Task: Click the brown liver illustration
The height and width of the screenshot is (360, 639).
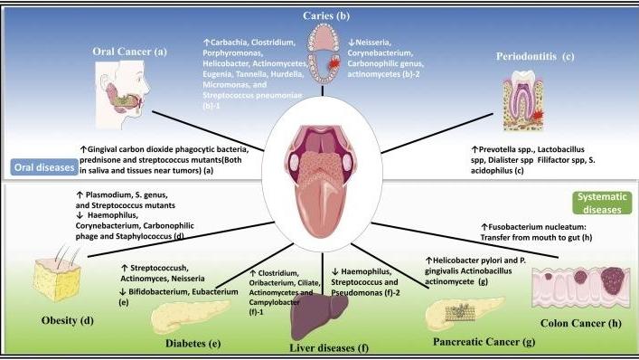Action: [321, 317]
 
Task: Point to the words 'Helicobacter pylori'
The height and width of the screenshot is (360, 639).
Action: [469, 260]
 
